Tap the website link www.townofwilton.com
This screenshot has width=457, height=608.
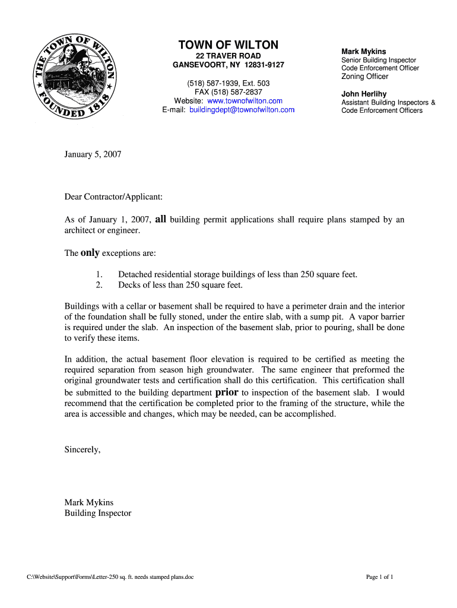pyautogui.click(x=240, y=101)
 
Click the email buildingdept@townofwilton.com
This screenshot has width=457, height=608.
pyautogui.click(x=242, y=110)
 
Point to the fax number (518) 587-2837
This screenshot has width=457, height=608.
pyautogui.click(x=228, y=92)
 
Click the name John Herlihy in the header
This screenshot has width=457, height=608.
pyautogui.click(x=364, y=94)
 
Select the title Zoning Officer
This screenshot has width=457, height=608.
pyautogui.click(x=364, y=77)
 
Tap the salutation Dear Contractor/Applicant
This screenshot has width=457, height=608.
pyautogui.click(x=113, y=195)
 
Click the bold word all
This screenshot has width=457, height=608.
pyautogui.click(x=160, y=219)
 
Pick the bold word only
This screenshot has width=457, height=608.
pyautogui.click(x=90, y=253)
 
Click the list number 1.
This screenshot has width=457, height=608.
pyautogui.click(x=99, y=274)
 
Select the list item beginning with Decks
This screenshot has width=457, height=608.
pyautogui.click(x=180, y=285)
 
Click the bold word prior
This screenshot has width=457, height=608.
pyautogui.click(x=227, y=392)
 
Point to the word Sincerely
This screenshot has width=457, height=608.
pyautogui.click(x=82, y=449)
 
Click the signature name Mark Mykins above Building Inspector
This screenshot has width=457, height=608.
pyautogui.click(x=89, y=502)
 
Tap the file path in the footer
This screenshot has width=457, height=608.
pyautogui.click(x=110, y=577)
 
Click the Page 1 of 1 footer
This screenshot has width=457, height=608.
pyautogui.click(x=380, y=577)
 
